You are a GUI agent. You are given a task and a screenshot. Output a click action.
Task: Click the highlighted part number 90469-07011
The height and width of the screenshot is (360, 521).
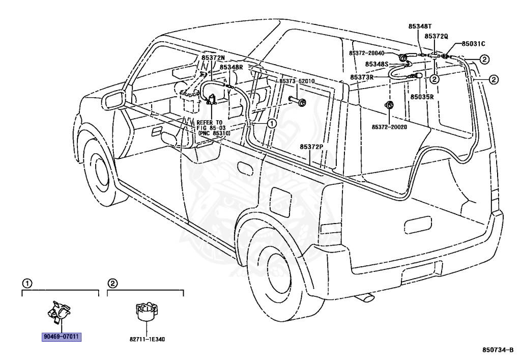pos(62,337)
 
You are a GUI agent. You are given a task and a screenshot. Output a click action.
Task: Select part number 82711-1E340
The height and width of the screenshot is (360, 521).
pos(147,340)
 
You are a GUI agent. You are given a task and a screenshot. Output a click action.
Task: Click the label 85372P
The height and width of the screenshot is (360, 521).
pos(311,147)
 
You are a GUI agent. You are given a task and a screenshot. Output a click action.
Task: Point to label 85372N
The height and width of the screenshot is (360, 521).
pos(213,58)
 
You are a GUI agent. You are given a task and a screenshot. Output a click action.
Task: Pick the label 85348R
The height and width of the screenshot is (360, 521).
pos(231,67)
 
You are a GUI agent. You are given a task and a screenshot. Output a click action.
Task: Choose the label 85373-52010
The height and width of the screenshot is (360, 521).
pos(297,81)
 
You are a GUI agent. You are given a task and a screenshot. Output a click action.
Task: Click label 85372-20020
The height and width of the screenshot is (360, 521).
pos(389,127)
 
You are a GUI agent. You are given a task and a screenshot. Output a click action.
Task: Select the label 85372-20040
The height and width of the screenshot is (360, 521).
pos(366,53)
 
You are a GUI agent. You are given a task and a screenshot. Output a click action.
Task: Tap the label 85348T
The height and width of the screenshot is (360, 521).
pos(420,26)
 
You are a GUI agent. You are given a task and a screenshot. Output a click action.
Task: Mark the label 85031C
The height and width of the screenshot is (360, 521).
pos(474,44)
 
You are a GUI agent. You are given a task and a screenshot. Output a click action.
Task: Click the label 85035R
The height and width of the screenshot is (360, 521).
pos(422,97)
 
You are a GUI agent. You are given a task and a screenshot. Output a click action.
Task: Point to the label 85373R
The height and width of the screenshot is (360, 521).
pos(362,77)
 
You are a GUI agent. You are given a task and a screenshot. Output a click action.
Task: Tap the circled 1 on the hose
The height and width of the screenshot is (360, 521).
pos(272,124)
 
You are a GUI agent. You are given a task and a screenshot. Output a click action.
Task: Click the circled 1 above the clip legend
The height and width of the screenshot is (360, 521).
pos(27,284)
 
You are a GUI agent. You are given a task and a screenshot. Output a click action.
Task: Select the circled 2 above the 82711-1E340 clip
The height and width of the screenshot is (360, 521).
pos(112,284)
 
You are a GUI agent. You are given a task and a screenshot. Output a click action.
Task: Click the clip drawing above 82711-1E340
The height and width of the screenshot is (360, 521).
pos(147,312)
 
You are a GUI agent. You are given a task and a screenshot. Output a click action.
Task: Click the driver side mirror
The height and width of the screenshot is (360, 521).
pos(113,100)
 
